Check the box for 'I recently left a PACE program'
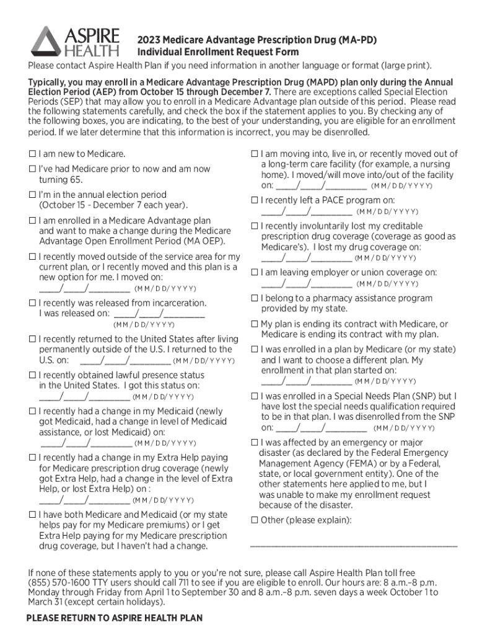click(x=254, y=200)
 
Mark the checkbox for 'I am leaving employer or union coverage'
click(x=254, y=272)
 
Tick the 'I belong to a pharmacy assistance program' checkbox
click(x=254, y=298)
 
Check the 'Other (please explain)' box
click(x=254, y=520)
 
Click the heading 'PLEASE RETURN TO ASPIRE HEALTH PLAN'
click(x=115, y=618)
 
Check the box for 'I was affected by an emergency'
click(x=254, y=443)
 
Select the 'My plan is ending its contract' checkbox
click(x=254, y=324)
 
